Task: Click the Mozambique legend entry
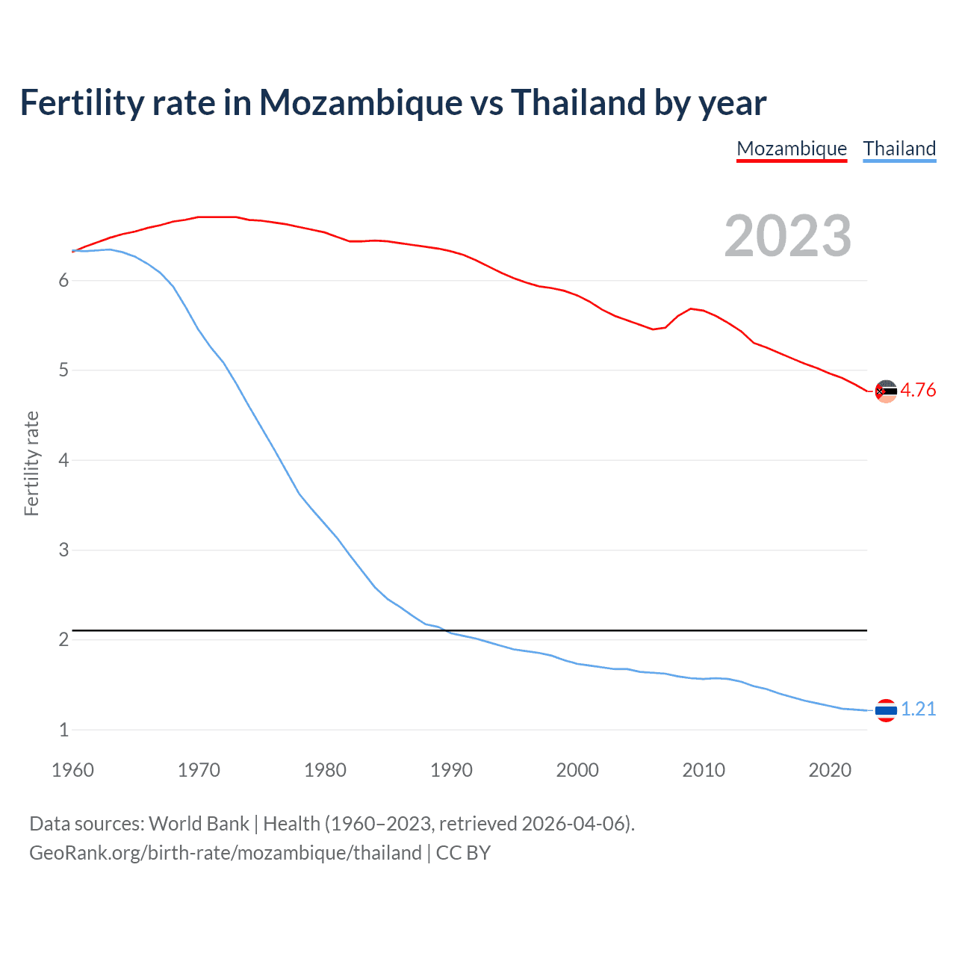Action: click(792, 149)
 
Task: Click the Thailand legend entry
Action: click(899, 149)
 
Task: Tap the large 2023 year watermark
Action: click(788, 236)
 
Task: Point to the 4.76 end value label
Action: click(918, 390)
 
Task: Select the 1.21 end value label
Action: click(918, 709)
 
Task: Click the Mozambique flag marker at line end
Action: click(886, 391)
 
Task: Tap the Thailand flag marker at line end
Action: click(886, 710)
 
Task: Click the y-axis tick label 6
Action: click(63, 280)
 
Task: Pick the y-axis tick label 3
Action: click(63, 550)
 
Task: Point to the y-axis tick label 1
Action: click(63, 730)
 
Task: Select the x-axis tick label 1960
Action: click(72, 770)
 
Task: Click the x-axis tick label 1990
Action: click(451, 770)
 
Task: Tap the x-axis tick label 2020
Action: click(830, 770)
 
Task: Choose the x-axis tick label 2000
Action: click(577, 770)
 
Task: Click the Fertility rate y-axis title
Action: click(31, 463)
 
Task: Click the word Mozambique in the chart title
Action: click(361, 103)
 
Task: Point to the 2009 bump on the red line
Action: click(692, 308)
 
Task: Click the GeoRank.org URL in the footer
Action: click(225, 853)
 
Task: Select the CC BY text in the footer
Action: click(463, 853)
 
